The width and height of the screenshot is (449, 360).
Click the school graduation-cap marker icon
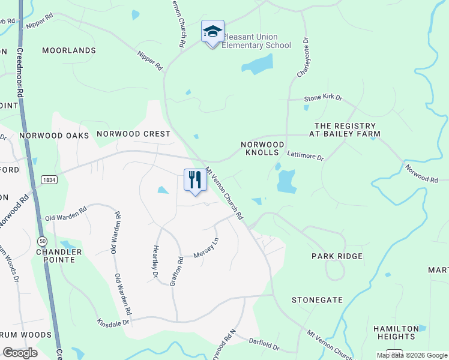tap(212, 32)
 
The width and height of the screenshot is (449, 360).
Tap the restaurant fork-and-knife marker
tap(195, 180)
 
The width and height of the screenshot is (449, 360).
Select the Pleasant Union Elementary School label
tap(256, 41)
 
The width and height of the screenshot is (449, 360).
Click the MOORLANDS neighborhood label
tap(69, 50)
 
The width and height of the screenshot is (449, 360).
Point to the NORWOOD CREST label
tap(134, 134)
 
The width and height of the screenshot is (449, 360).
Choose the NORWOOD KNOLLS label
tap(262, 149)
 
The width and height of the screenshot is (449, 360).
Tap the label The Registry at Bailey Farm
tap(348, 130)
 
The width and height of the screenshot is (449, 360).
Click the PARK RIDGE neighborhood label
tap(337, 256)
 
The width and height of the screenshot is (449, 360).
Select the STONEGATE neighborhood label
tap(317, 299)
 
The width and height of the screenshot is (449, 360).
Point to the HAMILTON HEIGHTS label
tap(396, 332)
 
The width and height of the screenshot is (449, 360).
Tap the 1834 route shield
tap(49, 180)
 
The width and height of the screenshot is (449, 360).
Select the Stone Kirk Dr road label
tap(323, 97)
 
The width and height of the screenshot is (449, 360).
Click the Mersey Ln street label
tap(206, 248)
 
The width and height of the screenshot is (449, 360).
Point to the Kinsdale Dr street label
tap(113, 323)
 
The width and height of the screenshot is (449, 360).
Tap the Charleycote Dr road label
tap(303, 58)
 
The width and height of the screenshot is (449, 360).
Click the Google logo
tap(20, 353)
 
